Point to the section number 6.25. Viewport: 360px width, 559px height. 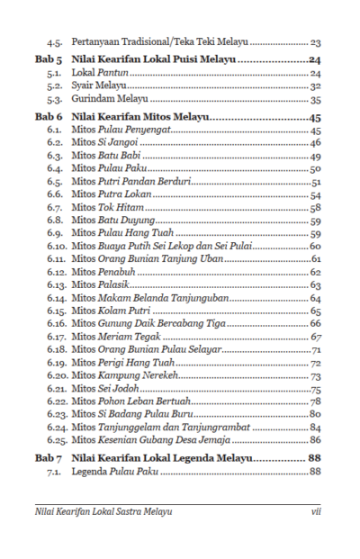tap(58, 440)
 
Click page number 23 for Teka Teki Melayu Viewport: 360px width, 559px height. tap(315, 42)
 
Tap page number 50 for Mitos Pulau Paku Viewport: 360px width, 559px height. tap(315, 168)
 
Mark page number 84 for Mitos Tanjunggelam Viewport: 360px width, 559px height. tap(315, 428)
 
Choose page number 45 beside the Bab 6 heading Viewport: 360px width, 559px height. tap(314, 118)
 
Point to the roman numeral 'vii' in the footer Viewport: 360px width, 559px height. tap(315, 510)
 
